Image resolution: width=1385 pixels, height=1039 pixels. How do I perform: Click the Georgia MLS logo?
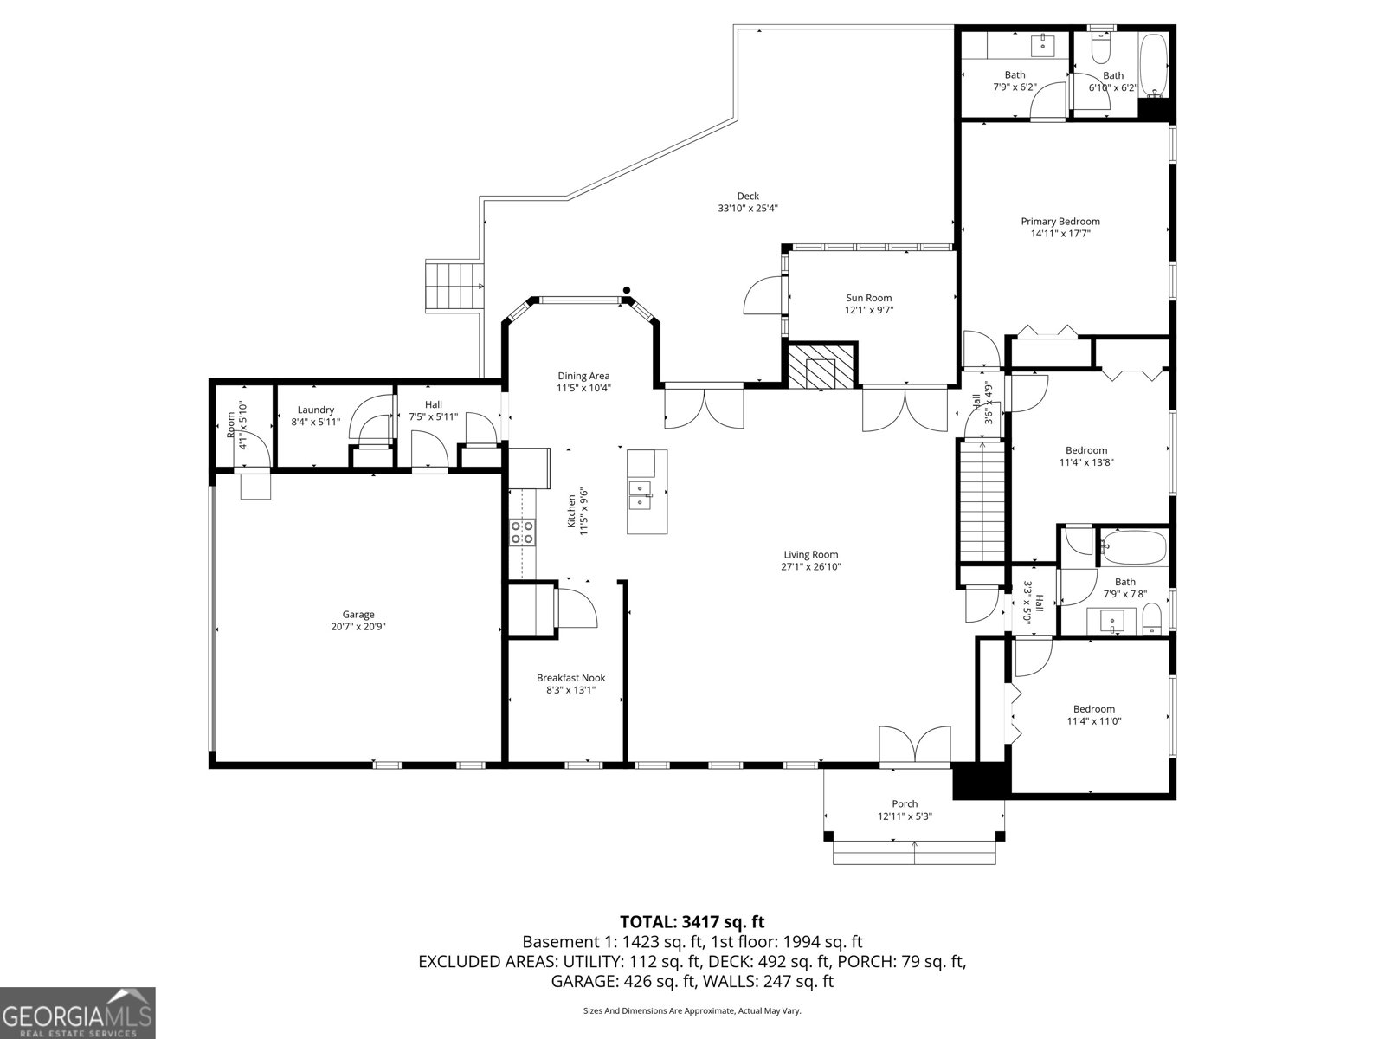78,1012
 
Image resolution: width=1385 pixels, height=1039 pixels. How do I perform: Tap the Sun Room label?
869,298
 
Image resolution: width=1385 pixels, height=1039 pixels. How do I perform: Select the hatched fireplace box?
821,365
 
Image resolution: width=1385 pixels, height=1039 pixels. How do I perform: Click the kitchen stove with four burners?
523,532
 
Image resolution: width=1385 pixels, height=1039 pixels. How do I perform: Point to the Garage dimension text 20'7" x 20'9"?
358,626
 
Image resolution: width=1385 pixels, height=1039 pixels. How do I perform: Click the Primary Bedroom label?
1060,222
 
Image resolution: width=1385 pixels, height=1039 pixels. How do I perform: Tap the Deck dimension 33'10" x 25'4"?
748,208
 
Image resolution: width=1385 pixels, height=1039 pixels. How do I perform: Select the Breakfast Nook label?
571,678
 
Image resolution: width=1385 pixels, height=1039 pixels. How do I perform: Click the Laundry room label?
315,410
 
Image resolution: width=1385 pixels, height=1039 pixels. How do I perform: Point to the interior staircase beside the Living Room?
982,502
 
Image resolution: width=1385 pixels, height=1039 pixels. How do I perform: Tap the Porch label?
905,803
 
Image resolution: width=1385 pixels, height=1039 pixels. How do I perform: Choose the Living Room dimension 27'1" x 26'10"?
811,566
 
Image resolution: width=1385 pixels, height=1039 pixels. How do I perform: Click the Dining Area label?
583,376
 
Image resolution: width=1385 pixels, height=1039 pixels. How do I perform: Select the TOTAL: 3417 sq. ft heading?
692,921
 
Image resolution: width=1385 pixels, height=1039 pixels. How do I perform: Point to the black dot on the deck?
627,290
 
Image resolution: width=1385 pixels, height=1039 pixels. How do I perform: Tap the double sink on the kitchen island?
641,495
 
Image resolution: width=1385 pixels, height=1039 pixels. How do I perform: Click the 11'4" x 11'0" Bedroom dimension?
1094,721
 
